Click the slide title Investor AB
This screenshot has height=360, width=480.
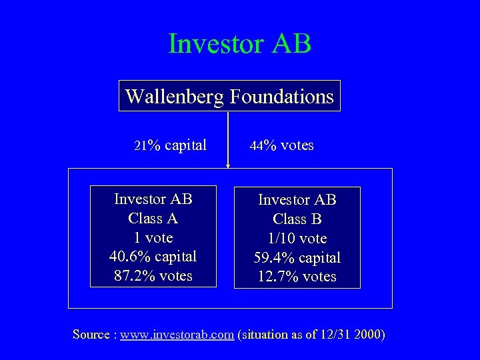[240, 44]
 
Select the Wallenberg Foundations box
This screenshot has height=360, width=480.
[229, 96]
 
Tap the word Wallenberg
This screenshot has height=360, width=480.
[175, 97]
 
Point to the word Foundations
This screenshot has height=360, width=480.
[281, 97]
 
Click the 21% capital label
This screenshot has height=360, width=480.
[171, 145]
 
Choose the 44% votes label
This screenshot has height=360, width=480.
[281, 145]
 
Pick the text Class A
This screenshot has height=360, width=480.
[153, 218]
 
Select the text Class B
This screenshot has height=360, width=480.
[297, 219]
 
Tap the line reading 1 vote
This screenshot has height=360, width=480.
[153, 237]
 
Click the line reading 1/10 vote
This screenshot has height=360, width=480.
[297, 238]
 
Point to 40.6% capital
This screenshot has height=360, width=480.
[153, 257]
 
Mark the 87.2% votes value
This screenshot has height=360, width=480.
[153, 276]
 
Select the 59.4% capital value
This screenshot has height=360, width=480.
[297, 257]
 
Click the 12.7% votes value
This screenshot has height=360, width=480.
[297, 277]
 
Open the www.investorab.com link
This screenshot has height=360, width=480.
[177, 335]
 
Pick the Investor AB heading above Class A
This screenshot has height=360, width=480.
[153, 199]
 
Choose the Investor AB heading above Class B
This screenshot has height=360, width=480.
[297, 199]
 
